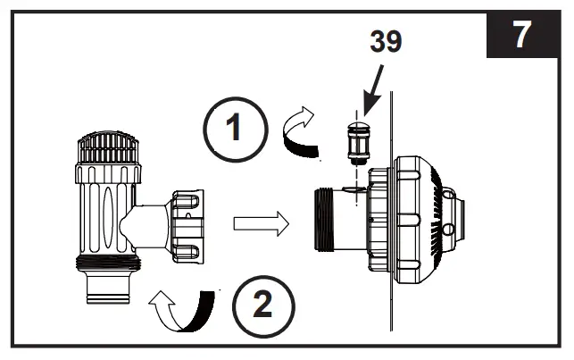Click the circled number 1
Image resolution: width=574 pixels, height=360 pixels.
pyautogui.click(x=234, y=130)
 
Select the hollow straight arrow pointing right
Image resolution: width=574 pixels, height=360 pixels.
pyautogui.click(x=262, y=223)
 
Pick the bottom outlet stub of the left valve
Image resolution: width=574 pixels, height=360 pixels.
pyautogui.click(x=110, y=289)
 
